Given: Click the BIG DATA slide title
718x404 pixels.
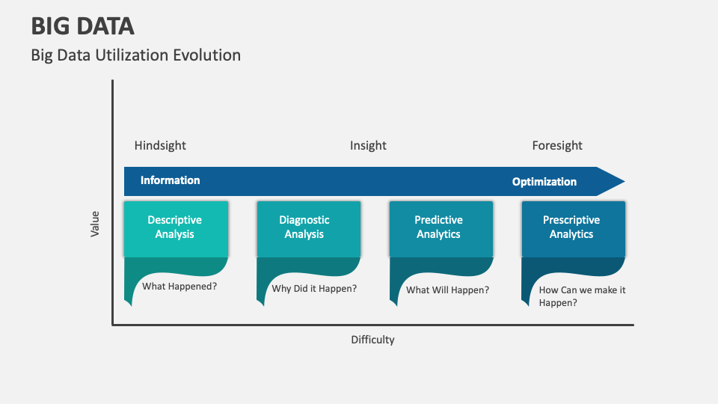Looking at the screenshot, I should coord(82,26).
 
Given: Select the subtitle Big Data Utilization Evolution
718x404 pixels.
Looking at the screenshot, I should coord(135,55).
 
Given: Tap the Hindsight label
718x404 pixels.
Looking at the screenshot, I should coord(160,145).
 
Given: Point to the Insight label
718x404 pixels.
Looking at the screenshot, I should coord(368,145).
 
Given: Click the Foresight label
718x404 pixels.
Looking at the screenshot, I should coord(557,145).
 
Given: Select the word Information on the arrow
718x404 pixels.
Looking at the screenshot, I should coord(171,180).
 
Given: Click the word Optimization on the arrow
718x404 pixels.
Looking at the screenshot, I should coord(544,182).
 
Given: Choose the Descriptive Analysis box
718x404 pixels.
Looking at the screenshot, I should coord(175,227).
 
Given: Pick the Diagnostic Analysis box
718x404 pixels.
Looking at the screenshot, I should coord(308,227).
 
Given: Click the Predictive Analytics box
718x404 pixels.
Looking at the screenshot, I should coord(441,227).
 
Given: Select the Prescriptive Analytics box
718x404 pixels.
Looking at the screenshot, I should coord(572,227).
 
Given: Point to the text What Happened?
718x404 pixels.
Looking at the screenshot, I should coord(179,286).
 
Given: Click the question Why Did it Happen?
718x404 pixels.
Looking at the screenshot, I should coord(314,288).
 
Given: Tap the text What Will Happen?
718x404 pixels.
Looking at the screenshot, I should coord(447,290).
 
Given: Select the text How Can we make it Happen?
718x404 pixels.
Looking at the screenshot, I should coord(582,296).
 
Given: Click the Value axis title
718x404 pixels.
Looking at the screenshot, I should coord(95,224).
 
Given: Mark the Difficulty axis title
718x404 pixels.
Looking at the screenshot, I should coord(372,340).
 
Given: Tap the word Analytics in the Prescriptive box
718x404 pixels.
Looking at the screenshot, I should coord(571,235).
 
